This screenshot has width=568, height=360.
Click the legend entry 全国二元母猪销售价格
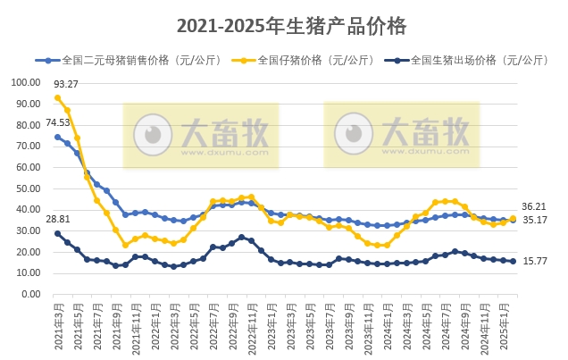click(126, 61)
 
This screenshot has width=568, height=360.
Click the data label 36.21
click(534, 206)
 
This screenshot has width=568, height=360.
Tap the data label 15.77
click(534, 261)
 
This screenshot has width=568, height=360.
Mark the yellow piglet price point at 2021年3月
click(57, 97)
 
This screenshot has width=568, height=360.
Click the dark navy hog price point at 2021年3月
click(57, 233)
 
